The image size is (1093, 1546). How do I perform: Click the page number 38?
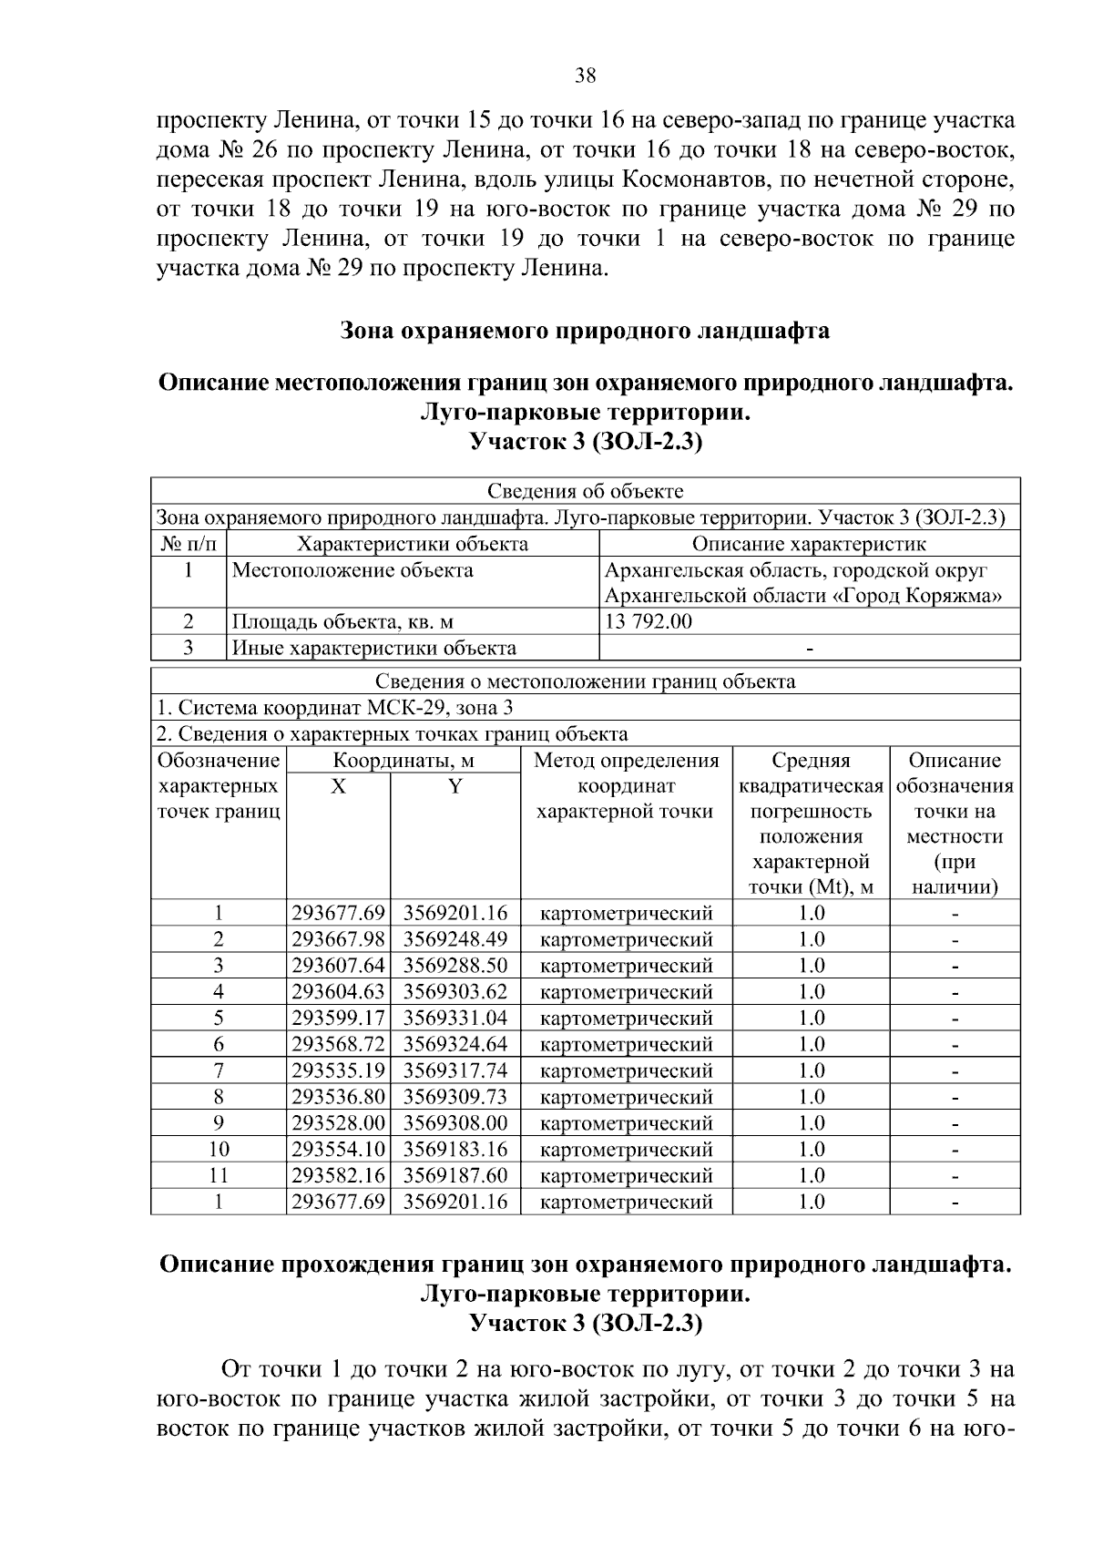(x=585, y=76)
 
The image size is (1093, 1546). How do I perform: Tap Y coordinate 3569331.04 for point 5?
(x=455, y=1019)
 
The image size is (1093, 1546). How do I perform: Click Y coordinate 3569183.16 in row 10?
(x=455, y=1150)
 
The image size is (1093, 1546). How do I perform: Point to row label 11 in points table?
(x=219, y=1176)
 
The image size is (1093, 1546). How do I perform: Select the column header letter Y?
(x=455, y=787)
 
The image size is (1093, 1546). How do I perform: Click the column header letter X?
(x=338, y=787)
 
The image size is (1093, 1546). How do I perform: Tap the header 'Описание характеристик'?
(x=809, y=545)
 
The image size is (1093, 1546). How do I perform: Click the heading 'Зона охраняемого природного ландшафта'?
(x=585, y=331)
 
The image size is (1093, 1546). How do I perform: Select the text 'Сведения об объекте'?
(x=585, y=492)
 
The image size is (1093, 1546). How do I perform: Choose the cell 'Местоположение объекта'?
(x=353, y=571)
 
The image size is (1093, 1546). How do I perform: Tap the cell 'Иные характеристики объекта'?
(x=374, y=649)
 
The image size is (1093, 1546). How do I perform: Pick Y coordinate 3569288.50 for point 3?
(x=455, y=966)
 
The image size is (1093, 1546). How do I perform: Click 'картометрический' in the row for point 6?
(x=627, y=1045)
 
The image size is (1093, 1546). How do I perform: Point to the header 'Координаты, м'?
(x=403, y=762)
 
